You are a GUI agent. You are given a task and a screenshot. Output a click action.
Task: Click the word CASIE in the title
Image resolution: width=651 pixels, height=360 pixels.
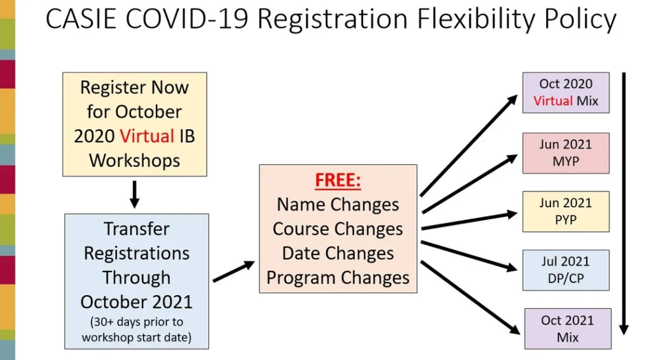click(x=81, y=18)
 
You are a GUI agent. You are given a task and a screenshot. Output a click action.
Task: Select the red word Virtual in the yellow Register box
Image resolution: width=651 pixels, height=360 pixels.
click(x=147, y=136)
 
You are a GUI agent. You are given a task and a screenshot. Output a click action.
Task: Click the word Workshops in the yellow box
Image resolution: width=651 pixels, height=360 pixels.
click(x=135, y=161)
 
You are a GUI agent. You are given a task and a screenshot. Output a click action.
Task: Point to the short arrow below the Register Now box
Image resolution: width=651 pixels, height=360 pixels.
click(x=134, y=195)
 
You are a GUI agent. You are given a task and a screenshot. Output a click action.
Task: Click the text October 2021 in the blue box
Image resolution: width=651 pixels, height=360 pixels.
click(x=137, y=302)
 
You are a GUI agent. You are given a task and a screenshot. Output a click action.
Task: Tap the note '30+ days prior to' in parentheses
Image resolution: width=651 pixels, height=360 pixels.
click(x=137, y=322)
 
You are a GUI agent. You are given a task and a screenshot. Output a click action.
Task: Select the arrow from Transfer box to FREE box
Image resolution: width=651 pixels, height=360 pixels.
click(x=234, y=271)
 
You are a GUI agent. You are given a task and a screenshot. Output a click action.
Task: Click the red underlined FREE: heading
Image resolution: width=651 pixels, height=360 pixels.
click(x=338, y=180)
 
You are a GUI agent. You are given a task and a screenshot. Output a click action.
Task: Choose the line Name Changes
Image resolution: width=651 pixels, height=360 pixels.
click(x=338, y=205)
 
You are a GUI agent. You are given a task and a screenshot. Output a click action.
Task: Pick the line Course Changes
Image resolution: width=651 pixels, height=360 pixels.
click(x=338, y=229)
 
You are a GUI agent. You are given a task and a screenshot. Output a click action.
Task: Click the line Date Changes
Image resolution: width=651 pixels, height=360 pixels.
click(x=338, y=253)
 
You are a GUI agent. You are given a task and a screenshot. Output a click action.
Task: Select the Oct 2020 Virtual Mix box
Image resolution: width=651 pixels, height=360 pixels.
click(x=566, y=93)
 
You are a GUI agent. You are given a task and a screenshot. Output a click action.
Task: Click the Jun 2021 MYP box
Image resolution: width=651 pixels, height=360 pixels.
click(x=566, y=153)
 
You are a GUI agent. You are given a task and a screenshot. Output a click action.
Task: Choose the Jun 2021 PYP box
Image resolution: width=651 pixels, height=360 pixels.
click(x=566, y=212)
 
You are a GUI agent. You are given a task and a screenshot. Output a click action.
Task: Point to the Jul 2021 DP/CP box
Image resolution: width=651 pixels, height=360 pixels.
click(x=566, y=270)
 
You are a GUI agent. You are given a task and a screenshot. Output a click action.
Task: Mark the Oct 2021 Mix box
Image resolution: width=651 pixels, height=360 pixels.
click(x=568, y=329)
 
